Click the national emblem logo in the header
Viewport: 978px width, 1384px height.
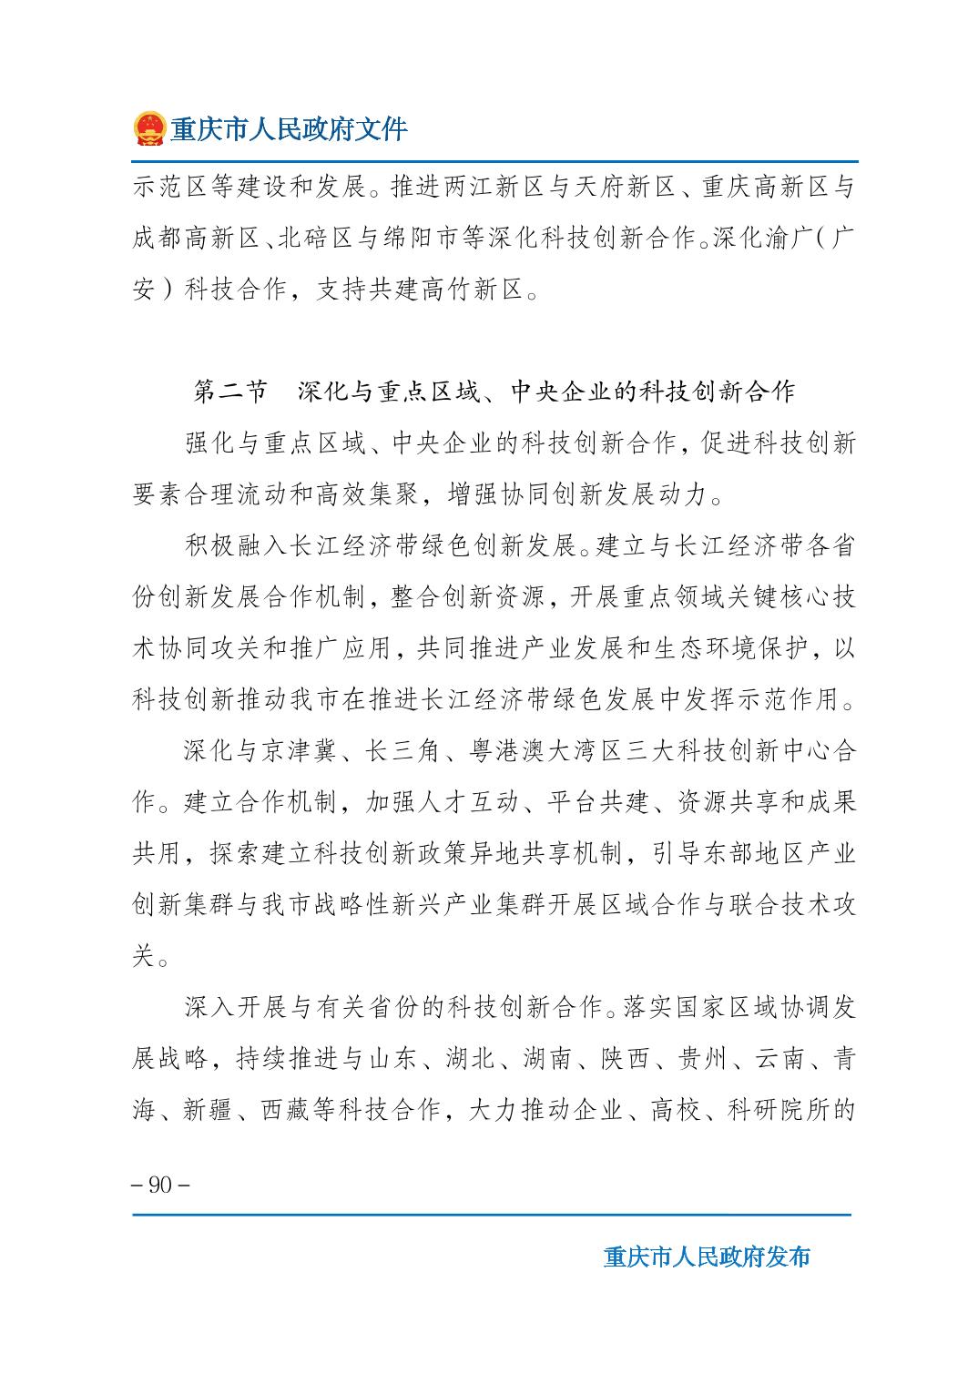[148, 128]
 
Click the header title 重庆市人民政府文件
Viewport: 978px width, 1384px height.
[289, 129]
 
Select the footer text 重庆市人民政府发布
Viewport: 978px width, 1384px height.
[707, 1257]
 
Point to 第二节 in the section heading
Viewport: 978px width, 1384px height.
[230, 392]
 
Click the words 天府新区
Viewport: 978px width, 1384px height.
[622, 188]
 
